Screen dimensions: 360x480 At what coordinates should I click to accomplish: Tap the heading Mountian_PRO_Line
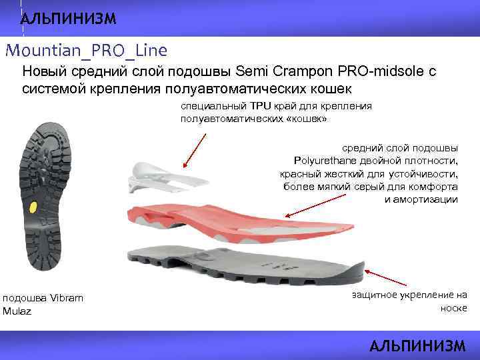point(86,50)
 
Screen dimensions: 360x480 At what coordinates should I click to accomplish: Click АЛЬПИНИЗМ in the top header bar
point(68,18)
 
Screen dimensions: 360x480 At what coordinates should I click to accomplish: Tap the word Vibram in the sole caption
point(67,298)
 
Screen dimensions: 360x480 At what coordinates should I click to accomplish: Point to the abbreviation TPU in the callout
point(257,106)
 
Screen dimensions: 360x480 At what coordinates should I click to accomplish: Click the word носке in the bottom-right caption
point(454,308)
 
